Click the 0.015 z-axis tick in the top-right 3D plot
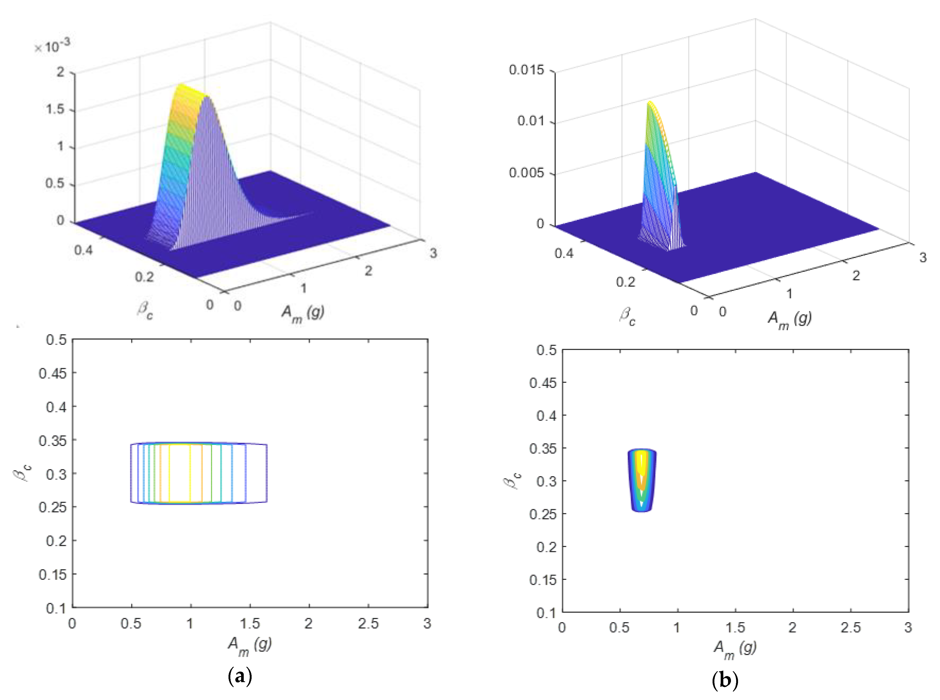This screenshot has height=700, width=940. pyautogui.click(x=526, y=70)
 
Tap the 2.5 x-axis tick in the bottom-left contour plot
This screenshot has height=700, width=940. pyautogui.click(x=368, y=623)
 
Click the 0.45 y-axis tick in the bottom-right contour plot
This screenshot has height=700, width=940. pyautogui.click(x=543, y=383)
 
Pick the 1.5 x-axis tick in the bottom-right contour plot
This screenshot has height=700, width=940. pyautogui.click(x=735, y=627)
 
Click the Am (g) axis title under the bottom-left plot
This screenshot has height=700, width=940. pyautogui.click(x=250, y=646)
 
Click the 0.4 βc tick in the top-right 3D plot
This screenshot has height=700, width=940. pyautogui.click(x=564, y=253)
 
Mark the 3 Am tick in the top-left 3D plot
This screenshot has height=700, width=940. pyautogui.click(x=433, y=253)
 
